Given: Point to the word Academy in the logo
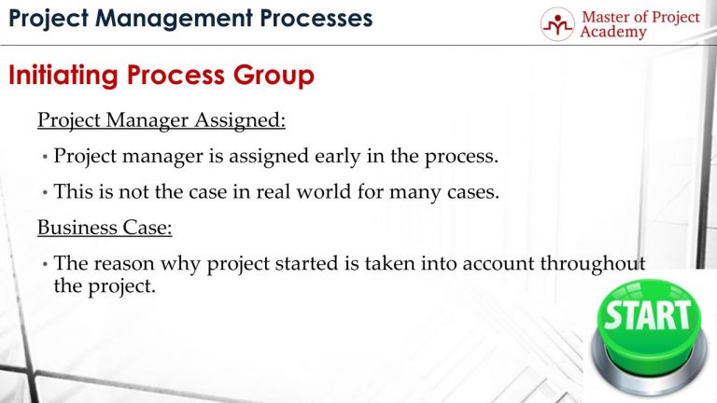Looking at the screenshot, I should click(612, 34).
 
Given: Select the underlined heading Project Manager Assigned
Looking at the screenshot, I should click(162, 120).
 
